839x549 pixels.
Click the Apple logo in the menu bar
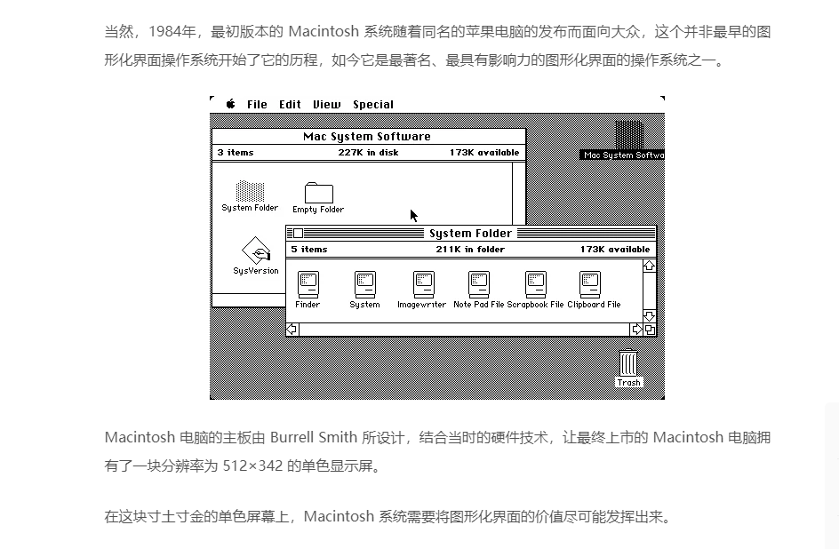pos(230,104)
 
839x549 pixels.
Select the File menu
pos(257,104)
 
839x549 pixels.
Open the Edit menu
pos(290,104)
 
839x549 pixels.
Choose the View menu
pos(326,104)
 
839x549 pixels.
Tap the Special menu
pos(373,105)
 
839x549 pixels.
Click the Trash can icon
pos(628,363)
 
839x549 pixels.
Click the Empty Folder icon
pos(319,193)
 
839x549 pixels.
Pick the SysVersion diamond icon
pos(256,251)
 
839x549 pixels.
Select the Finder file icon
pos(308,284)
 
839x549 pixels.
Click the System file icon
pos(365,284)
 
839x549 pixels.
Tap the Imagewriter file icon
pos(424,284)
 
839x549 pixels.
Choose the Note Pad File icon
pos(479,284)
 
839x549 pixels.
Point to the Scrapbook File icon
pos(536,284)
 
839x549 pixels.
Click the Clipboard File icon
pos(590,284)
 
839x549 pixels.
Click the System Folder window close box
pos(298,233)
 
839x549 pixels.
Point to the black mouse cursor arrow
pos(413,216)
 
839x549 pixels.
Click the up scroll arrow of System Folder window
pos(649,266)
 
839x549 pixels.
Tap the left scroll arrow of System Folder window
pos(292,330)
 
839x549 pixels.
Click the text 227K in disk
pos(368,152)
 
